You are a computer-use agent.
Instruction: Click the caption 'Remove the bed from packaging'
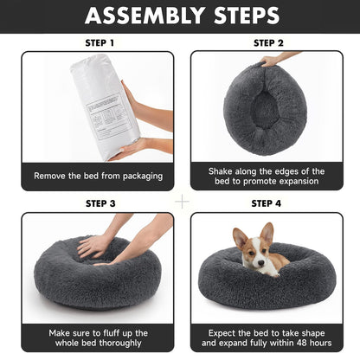(98, 176)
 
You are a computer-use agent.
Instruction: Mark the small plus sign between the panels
(182, 200)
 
